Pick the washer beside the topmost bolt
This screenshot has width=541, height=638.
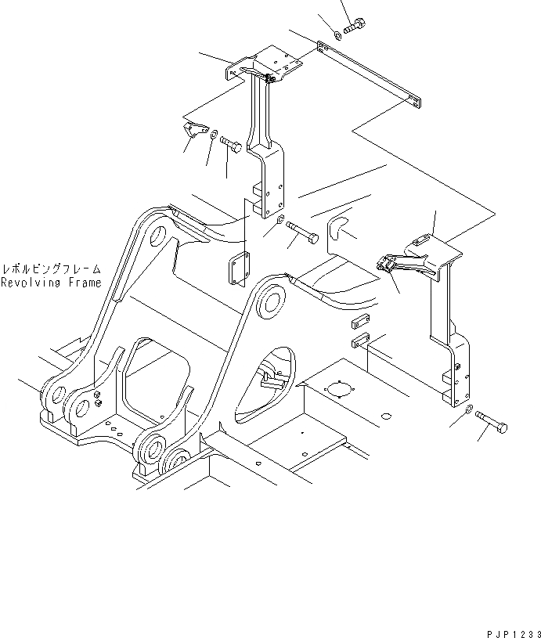[x=337, y=34]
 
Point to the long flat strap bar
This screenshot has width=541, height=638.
[x=372, y=77]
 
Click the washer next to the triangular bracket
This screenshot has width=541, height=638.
[x=214, y=136]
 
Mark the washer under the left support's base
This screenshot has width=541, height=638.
[x=280, y=219]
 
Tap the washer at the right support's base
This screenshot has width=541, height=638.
[x=467, y=409]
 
